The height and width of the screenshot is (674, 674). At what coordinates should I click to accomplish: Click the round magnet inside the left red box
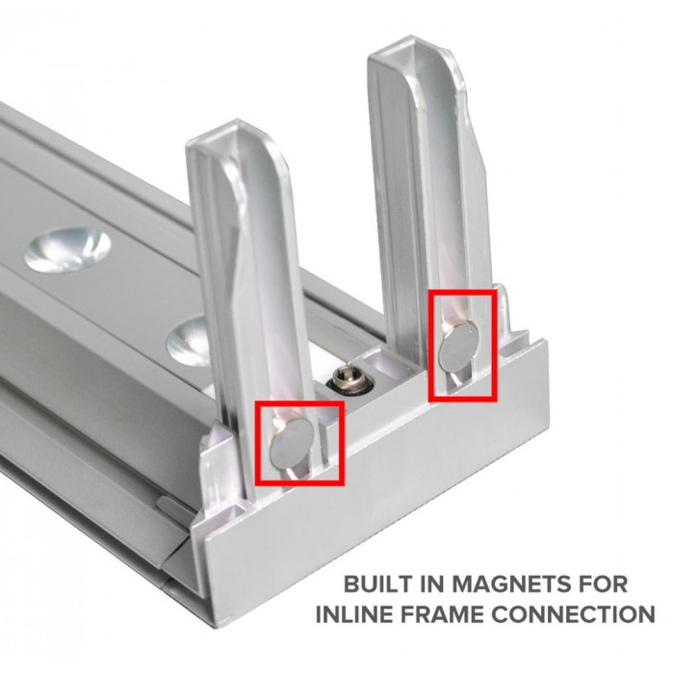point(288,443)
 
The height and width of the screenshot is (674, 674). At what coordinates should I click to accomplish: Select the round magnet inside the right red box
point(458,346)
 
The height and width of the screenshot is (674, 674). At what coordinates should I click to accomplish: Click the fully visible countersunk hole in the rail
point(66,250)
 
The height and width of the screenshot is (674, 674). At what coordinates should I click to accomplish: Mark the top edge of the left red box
point(299,403)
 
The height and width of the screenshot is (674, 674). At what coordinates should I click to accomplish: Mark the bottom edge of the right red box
point(462,400)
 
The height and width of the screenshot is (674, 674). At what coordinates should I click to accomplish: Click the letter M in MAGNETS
point(463,584)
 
